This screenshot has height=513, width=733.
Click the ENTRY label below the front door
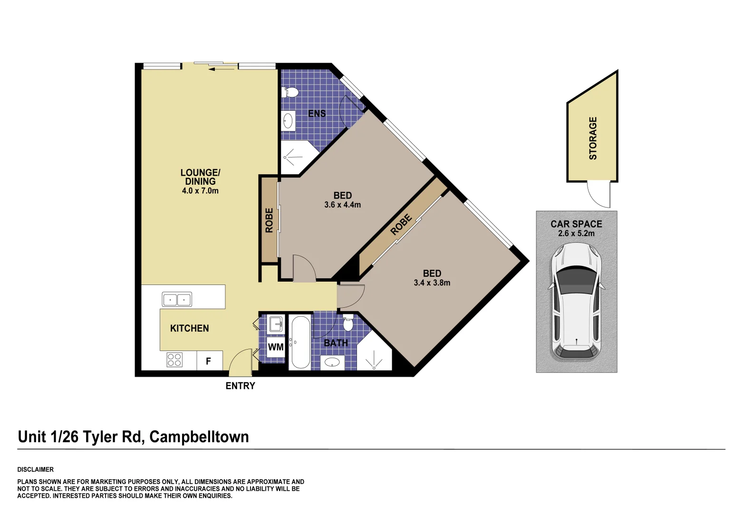point(240,386)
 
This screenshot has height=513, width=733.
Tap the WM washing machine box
point(276,347)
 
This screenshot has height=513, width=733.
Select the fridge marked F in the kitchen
point(209,361)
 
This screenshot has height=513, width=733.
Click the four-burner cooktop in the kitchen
point(174,360)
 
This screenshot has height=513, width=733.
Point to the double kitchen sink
point(177,300)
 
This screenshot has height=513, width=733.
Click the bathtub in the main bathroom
point(300,342)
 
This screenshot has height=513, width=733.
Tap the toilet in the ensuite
point(290,92)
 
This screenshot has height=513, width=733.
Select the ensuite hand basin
point(288,121)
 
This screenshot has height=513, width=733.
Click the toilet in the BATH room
point(348,323)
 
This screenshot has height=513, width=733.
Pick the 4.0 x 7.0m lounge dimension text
point(200,191)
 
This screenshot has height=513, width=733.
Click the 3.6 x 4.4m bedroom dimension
point(342,205)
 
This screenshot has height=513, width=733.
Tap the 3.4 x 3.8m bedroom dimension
point(432,283)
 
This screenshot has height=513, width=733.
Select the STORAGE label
point(593,138)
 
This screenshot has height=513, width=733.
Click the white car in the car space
point(576,302)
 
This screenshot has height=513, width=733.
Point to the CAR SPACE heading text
point(576,224)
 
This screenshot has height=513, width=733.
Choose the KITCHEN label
point(189,328)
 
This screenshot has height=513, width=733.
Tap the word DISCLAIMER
point(36,469)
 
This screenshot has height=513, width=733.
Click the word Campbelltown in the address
point(199,437)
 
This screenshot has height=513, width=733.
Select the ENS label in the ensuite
point(317,114)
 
